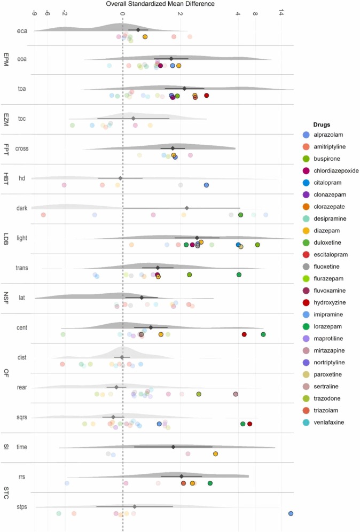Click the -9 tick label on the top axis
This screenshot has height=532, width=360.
pyautogui.click(x=35, y=13)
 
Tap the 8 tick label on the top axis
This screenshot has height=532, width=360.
pyautogui.click(x=256, y=13)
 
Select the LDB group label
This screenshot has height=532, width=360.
pyautogui.click(x=6, y=238)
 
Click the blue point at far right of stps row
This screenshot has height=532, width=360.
pyautogui.click(x=291, y=513)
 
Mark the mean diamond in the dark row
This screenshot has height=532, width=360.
pyautogui.click(x=186, y=208)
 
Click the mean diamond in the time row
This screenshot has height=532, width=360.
pyautogui.click(x=173, y=447)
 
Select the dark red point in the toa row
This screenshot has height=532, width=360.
pyautogui.click(x=206, y=96)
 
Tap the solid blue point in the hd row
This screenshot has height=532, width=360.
pyautogui.click(x=206, y=185)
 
